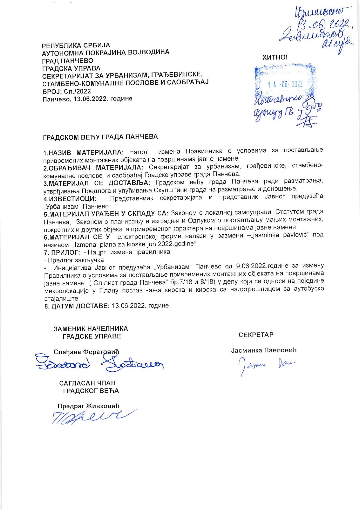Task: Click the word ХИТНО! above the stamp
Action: (275, 57)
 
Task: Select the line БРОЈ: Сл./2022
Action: (66, 91)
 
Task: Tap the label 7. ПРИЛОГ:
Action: (62, 252)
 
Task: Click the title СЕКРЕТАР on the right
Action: (256, 335)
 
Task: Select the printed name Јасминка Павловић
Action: (264, 350)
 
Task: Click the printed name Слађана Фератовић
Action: (87, 352)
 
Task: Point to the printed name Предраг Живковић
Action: (89, 406)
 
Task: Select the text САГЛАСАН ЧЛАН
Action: (87, 383)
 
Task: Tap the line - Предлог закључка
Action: (74, 260)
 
